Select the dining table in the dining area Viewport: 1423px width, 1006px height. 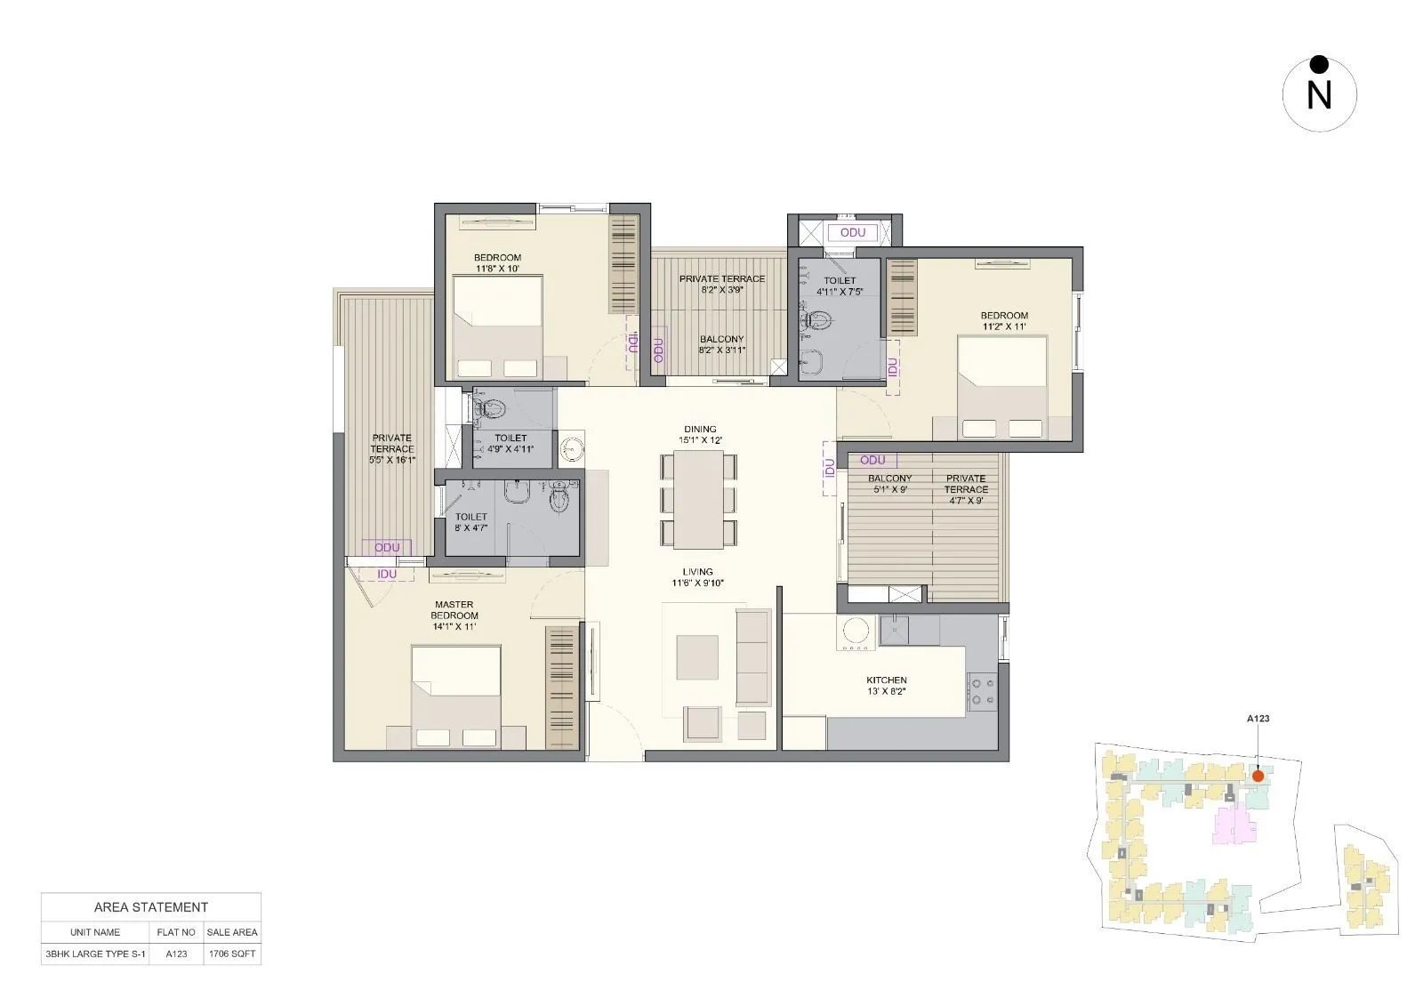[x=698, y=499]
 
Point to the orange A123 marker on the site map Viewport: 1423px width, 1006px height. [x=1258, y=776]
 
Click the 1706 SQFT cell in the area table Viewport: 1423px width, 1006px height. [x=231, y=954]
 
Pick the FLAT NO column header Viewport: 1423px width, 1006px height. [x=176, y=932]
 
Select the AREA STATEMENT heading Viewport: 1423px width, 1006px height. [x=150, y=907]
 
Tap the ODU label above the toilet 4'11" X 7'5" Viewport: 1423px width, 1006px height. [x=852, y=232]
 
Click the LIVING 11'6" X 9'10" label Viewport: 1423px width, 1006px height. [x=698, y=577]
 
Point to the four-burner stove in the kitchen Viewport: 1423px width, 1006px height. [x=983, y=691]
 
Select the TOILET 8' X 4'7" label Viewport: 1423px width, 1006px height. [x=470, y=522]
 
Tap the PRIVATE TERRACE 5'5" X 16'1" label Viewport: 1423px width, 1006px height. [x=392, y=448]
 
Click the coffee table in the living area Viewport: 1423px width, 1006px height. [x=697, y=657]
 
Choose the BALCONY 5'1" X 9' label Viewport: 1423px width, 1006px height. [x=889, y=484]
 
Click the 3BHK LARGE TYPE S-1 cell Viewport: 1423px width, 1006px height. [x=94, y=954]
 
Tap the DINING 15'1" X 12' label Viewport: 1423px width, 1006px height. [x=700, y=434]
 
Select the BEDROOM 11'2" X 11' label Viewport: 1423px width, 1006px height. [x=1004, y=321]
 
